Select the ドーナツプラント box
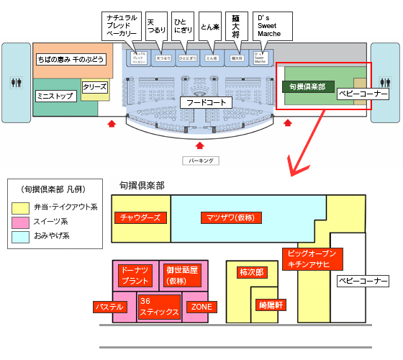click(x=136, y=276)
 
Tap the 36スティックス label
click(x=158, y=307)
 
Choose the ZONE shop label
click(x=201, y=307)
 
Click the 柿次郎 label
click(x=252, y=273)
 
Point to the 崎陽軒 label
click(x=271, y=305)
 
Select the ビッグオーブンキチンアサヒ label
click(x=311, y=259)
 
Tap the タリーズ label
click(x=94, y=86)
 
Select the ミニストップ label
click(x=56, y=96)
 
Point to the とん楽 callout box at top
click(x=209, y=27)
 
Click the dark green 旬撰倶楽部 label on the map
click(x=308, y=86)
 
